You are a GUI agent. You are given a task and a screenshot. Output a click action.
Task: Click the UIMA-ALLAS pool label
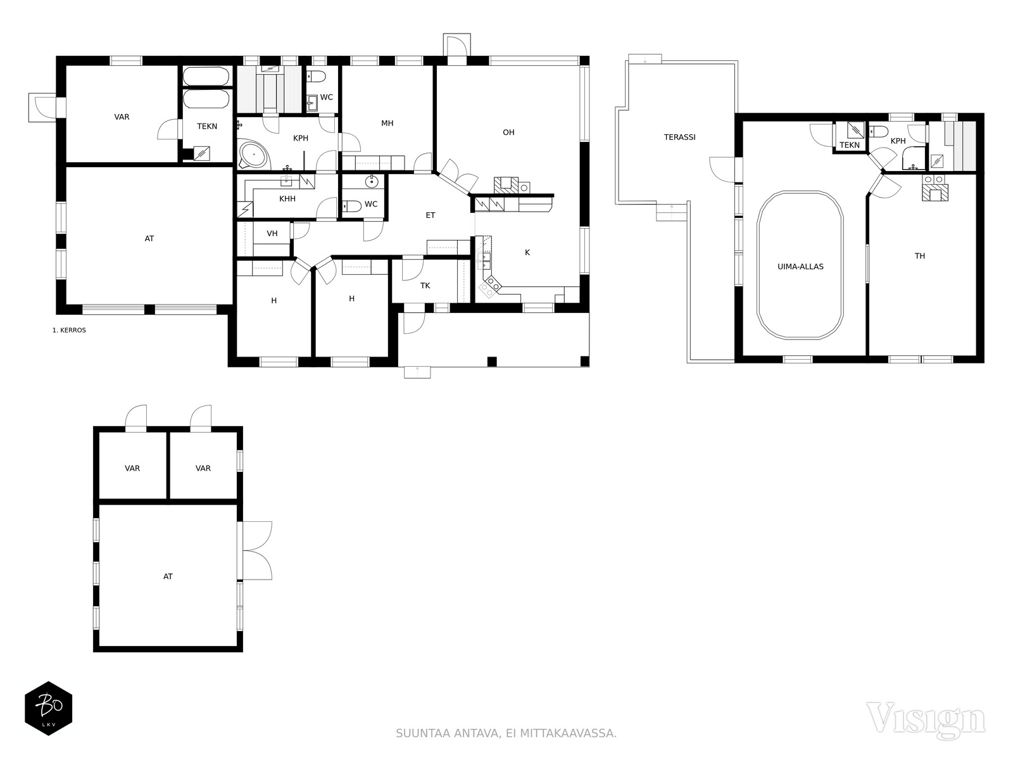tap(800, 267)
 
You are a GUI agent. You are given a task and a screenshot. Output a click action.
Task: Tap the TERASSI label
tap(679, 137)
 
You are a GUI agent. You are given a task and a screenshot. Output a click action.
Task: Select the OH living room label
tap(508, 132)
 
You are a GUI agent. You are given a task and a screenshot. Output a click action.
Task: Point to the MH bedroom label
tap(387, 123)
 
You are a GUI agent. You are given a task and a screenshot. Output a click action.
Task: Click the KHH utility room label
tap(287, 199)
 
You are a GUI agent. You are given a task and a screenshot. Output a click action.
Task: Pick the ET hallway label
tap(430, 215)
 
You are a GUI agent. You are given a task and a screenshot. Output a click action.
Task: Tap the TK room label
tap(425, 286)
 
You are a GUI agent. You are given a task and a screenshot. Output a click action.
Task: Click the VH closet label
tap(272, 234)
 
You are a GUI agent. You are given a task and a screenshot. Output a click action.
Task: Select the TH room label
tap(919, 256)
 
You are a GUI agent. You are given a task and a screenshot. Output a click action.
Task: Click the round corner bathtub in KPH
tap(253, 155)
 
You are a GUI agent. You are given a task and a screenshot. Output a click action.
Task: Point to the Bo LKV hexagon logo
tap(49, 708)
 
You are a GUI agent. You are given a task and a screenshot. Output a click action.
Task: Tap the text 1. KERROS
tap(69, 331)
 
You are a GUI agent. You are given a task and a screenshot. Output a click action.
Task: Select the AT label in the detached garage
tap(168, 576)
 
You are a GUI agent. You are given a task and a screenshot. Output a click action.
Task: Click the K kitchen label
tap(527, 253)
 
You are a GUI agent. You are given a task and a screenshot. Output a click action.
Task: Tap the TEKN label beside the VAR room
tap(207, 127)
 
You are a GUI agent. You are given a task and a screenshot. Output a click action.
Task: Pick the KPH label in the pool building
tap(898, 141)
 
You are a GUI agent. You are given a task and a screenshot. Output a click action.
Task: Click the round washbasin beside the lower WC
tap(372, 182)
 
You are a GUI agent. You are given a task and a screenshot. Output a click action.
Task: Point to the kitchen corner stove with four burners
tap(490, 285)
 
